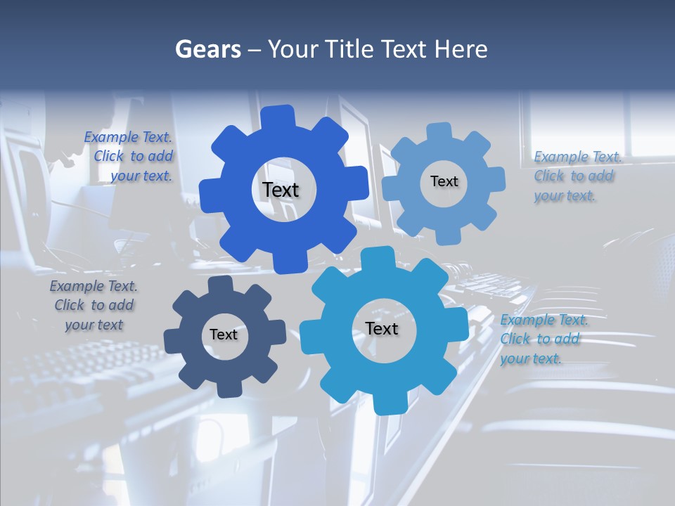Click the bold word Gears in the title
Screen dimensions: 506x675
point(208,49)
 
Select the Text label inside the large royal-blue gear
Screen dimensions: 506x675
point(281,190)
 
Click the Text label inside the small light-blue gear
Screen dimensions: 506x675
point(444,181)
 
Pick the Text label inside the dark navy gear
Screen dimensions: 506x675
point(224,335)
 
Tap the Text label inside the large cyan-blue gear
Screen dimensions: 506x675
point(382,328)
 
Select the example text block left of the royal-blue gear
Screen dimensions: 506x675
point(129,157)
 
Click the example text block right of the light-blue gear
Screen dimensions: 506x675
point(577,176)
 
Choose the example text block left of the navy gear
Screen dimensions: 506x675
point(94,305)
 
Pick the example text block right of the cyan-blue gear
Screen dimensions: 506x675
point(543,339)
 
